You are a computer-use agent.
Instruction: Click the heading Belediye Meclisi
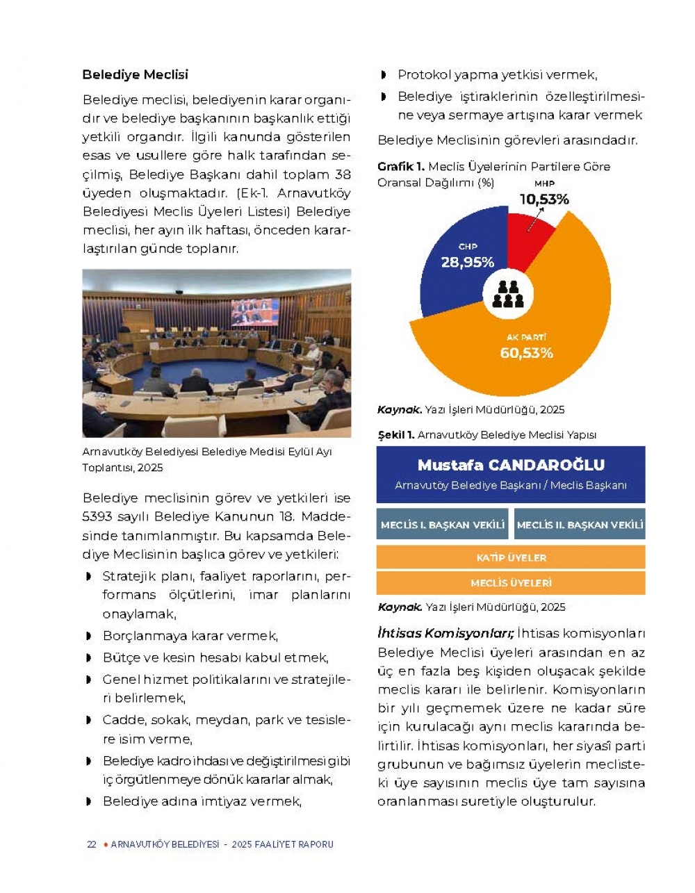(x=135, y=74)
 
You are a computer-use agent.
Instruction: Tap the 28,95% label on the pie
(x=468, y=262)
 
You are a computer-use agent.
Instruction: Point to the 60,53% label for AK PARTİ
(x=526, y=353)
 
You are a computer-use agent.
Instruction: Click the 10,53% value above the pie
(x=544, y=199)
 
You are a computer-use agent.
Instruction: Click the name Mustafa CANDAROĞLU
(x=511, y=465)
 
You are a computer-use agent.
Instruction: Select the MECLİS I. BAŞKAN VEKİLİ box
(x=443, y=525)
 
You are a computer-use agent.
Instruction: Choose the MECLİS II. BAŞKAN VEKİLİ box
(x=580, y=525)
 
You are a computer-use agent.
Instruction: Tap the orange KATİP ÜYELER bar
(x=511, y=557)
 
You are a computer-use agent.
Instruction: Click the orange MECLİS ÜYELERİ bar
(x=511, y=583)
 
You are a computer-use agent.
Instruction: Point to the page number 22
(x=91, y=844)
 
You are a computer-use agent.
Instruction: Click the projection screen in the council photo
(x=255, y=312)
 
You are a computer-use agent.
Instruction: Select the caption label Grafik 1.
(x=400, y=167)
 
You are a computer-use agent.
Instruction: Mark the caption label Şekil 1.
(x=396, y=435)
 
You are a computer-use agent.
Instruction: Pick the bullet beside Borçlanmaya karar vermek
(x=88, y=636)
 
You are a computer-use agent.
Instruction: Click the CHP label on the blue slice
(x=467, y=247)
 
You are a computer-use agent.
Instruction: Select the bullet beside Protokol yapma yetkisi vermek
(x=384, y=75)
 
